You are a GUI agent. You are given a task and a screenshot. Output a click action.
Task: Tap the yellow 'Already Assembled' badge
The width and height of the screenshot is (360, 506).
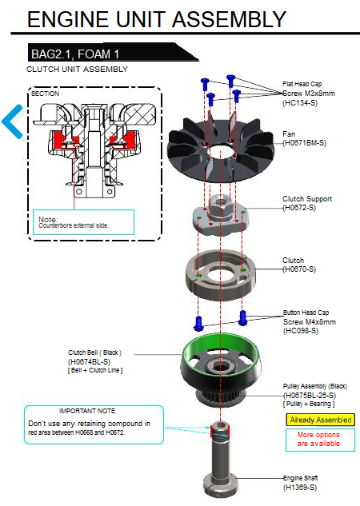[x=320, y=420]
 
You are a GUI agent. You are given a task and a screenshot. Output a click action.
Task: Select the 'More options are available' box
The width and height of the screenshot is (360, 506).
[x=320, y=439]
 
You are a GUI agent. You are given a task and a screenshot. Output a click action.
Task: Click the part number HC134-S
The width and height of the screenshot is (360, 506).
[x=300, y=103]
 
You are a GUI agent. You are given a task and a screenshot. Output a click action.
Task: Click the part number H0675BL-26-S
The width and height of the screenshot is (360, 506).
[x=310, y=396]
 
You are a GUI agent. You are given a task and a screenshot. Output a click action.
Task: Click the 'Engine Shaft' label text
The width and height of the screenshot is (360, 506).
[x=300, y=478]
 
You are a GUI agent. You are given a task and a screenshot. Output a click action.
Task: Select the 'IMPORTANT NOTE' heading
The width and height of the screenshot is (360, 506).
[x=87, y=411]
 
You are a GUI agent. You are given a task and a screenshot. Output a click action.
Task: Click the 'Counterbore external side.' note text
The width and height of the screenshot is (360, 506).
[x=74, y=225]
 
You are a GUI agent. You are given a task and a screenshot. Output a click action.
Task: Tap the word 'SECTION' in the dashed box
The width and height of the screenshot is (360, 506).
[x=46, y=94]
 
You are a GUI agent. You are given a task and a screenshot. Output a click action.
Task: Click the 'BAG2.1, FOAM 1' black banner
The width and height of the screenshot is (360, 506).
[x=113, y=52]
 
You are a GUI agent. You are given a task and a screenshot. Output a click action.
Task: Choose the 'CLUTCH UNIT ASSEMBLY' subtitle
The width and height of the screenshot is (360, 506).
[x=77, y=70]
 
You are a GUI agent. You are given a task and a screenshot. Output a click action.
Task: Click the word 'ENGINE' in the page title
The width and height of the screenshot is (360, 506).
[x=68, y=19]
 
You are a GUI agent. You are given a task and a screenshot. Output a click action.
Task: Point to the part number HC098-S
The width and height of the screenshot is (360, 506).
[x=301, y=331]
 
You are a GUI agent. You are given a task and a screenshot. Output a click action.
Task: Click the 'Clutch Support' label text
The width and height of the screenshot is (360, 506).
[x=307, y=199]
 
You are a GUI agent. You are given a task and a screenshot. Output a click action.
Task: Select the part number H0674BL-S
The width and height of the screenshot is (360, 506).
[x=89, y=362]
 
